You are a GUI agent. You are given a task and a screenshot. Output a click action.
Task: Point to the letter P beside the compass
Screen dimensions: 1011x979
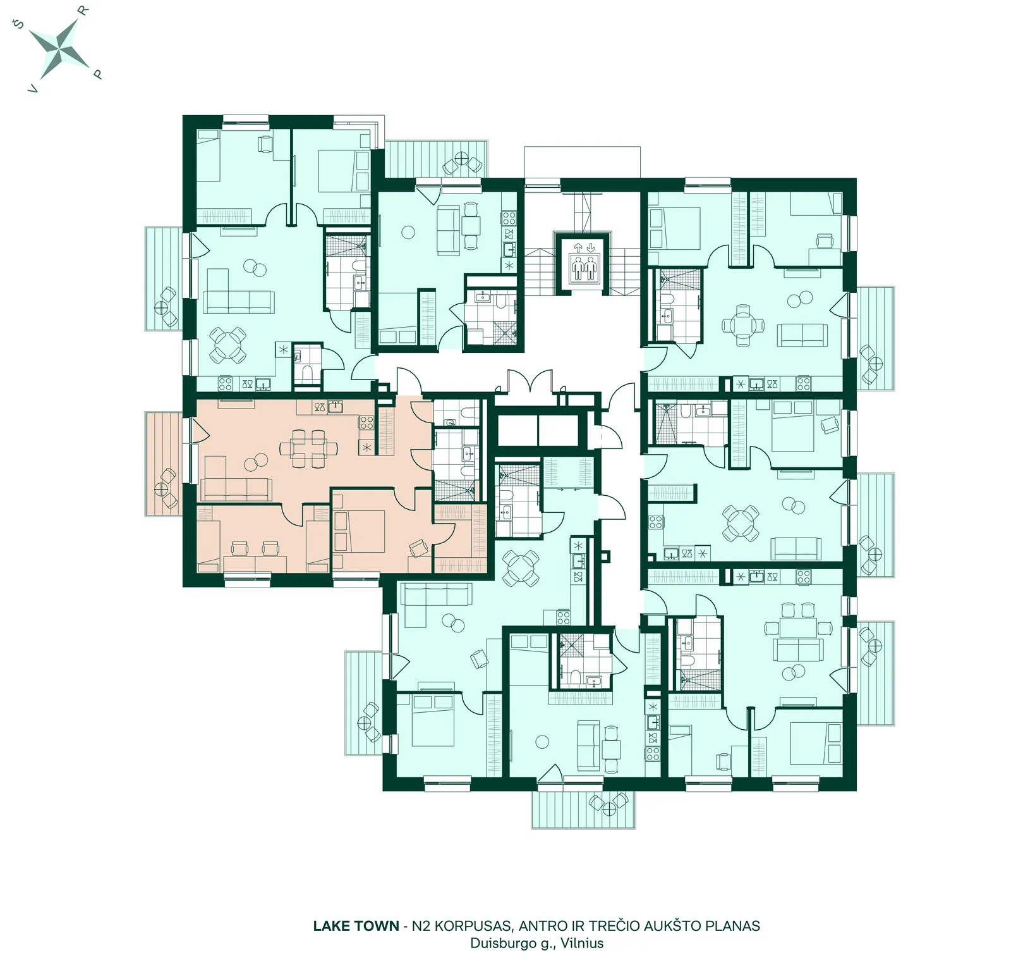point(97,75)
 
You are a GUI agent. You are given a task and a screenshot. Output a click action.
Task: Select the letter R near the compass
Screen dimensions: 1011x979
point(83,10)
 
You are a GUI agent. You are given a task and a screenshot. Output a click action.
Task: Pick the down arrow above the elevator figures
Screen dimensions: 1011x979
point(590,246)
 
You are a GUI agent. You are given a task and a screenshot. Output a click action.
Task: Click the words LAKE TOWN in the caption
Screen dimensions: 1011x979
point(356,926)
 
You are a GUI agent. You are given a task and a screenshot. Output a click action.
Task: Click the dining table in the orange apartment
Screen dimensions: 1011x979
point(309,448)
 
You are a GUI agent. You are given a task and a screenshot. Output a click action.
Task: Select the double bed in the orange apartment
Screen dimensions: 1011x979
point(359,531)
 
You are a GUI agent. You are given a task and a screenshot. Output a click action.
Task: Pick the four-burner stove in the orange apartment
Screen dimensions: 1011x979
point(366,422)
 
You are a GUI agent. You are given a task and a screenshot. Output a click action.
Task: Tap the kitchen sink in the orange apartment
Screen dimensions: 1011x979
point(336,406)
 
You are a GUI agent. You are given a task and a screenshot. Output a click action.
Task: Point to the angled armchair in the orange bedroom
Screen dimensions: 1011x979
point(418,548)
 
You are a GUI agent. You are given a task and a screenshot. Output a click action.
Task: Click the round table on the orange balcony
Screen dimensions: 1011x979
point(162,488)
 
